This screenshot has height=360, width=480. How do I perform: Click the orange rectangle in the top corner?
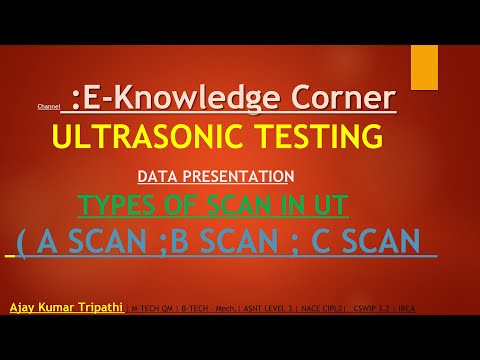point(424,67)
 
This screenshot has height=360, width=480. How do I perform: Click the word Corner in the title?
point(341,98)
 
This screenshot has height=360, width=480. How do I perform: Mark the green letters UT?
point(328,207)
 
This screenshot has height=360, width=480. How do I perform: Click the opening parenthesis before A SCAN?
point(21,244)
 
